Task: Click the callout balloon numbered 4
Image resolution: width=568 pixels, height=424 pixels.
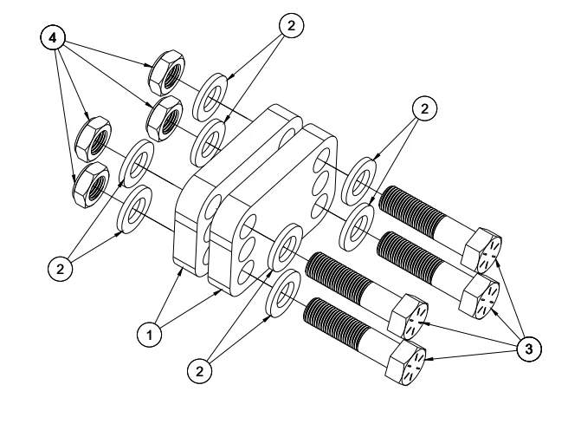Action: point(53,37)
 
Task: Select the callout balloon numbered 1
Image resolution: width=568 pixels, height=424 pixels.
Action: point(150,335)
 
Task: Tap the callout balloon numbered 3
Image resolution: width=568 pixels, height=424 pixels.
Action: point(529,349)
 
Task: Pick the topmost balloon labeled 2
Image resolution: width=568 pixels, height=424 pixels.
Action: point(291,25)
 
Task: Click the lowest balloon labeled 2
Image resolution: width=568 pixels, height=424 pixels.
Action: point(200,371)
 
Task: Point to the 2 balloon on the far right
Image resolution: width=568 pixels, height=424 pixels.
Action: point(424,108)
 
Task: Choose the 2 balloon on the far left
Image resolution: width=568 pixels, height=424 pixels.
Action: point(60,269)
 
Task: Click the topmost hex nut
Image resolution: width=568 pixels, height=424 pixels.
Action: point(167,73)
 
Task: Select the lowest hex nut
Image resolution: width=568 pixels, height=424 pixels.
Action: point(91,185)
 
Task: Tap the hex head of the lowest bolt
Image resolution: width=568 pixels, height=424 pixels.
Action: point(406,362)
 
